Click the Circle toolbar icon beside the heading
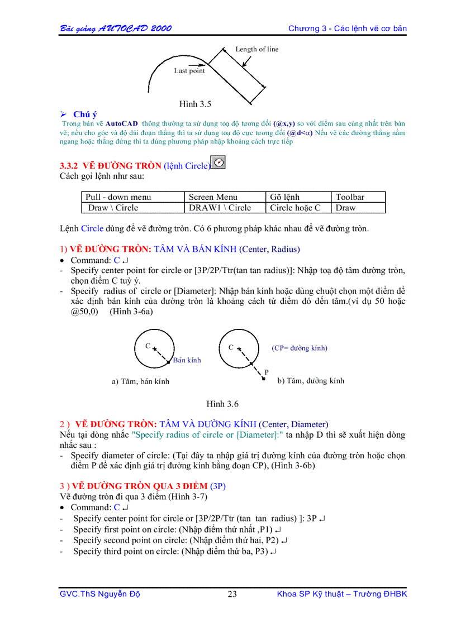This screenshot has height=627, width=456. point(218,162)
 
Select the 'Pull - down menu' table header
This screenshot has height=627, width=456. point(118,197)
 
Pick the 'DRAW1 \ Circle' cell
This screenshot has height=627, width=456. point(220,208)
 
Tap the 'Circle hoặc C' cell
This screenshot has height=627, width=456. point(295,208)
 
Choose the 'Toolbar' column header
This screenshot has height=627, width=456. point(350,197)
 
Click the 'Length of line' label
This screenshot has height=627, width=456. point(256,49)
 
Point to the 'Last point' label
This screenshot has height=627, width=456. point(189,71)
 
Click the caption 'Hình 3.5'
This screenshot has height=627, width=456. point(195,104)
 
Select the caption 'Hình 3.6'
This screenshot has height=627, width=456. point(222,404)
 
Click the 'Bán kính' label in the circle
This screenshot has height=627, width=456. point(187,360)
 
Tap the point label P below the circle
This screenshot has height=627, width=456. point(267,371)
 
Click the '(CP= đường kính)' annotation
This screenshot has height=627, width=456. point(300,348)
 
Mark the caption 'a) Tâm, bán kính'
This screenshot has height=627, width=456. point(140,382)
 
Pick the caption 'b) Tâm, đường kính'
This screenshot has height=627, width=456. point(311,381)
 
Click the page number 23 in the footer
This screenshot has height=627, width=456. point(232,594)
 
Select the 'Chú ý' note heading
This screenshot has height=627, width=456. point(85,114)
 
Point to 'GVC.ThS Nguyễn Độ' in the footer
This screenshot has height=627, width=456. point(99,594)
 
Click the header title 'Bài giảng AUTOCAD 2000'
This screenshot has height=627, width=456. point(116,28)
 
